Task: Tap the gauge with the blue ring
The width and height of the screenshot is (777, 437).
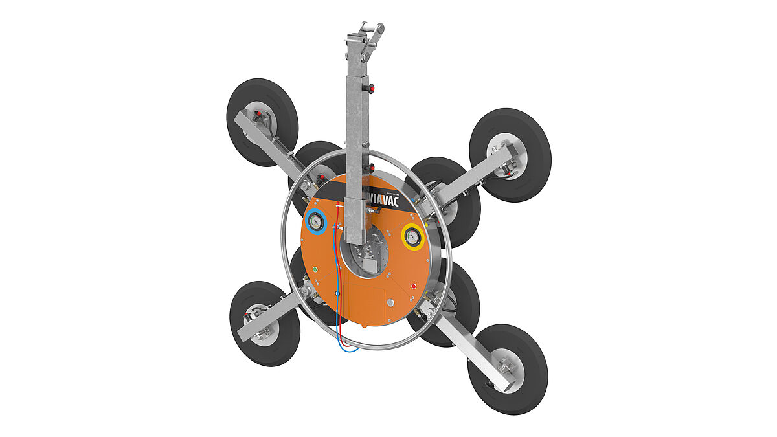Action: click(315, 221)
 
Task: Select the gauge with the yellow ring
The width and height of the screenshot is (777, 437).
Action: click(411, 238)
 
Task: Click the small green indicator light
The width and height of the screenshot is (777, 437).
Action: click(315, 268)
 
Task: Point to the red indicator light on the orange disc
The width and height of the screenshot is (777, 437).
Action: click(414, 286)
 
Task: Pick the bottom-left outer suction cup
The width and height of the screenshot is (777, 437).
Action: click(264, 324)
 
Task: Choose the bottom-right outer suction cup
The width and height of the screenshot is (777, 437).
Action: click(508, 369)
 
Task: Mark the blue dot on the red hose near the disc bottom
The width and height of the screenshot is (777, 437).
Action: click(337, 294)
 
